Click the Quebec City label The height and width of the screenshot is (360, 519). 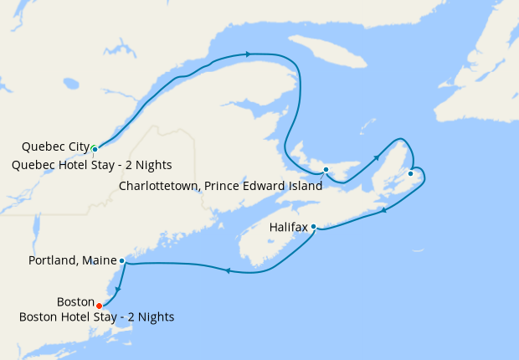tap(56, 147)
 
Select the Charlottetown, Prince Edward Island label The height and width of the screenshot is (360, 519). tap(221, 186)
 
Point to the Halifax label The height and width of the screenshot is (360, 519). tap(289, 227)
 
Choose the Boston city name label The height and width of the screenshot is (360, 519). tap(75, 301)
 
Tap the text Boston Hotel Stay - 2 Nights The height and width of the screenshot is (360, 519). tap(96, 316)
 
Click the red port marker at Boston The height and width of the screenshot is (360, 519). tap(100, 305)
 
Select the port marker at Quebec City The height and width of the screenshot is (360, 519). tap(95, 149)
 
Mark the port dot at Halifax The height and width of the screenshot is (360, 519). tap(313, 226)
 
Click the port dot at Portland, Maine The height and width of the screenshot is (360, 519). tap(122, 261)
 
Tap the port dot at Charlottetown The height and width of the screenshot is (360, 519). tap(326, 171)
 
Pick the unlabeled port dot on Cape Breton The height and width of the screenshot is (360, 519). tap(410, 173)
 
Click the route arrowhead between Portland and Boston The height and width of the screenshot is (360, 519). tap(117, 290)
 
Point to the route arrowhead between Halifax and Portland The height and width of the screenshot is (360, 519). tap(227, 270)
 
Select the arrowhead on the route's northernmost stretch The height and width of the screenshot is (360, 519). tap(248, 54)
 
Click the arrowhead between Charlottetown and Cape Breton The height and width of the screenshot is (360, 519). tap(377, 156)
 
